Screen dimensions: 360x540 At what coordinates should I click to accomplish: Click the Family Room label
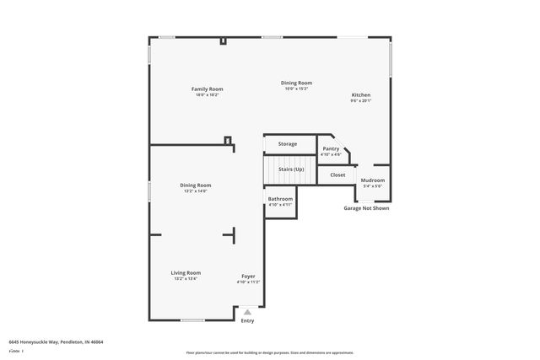207,89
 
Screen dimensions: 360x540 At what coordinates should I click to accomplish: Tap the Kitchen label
361,95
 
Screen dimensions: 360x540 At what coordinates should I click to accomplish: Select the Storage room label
288,144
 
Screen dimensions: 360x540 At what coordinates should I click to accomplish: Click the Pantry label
331,148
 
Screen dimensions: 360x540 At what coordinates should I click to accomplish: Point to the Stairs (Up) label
291,169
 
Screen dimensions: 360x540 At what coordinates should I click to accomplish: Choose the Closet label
337,175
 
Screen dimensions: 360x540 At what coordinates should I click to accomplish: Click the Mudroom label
373,180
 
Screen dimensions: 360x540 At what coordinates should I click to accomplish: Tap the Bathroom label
280,199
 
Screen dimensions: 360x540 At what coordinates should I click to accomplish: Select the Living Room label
186,272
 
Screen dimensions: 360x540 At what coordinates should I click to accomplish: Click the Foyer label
248,276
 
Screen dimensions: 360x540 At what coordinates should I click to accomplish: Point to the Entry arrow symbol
247,312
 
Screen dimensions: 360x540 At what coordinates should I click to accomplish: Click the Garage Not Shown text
366,208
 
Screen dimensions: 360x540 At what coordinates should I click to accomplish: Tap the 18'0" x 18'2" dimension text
207,94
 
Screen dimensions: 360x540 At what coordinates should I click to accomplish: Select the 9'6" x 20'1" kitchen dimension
361,101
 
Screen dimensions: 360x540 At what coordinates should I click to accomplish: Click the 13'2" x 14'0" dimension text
195,191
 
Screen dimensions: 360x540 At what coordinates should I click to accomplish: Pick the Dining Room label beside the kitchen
297,83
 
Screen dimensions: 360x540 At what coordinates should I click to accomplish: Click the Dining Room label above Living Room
195,185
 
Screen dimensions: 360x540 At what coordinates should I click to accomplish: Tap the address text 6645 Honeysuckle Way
56,342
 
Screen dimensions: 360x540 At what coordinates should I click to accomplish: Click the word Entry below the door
247,320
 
